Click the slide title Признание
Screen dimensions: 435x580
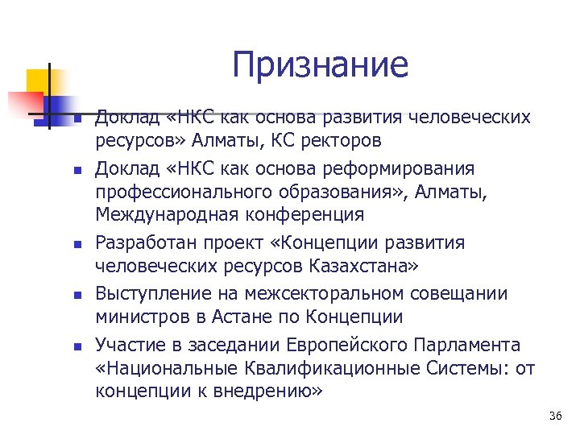click(x=320, y=65)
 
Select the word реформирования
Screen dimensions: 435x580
click(x=406, y=169)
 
